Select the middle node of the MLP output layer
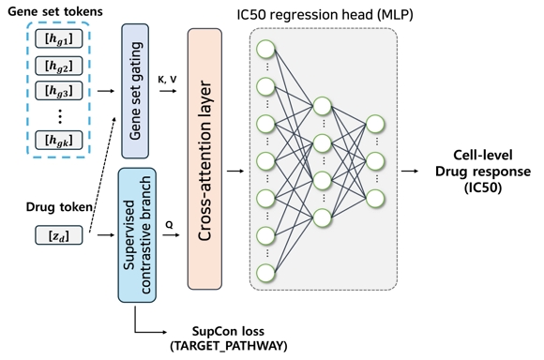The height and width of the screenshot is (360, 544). click(x=376, y=160)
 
